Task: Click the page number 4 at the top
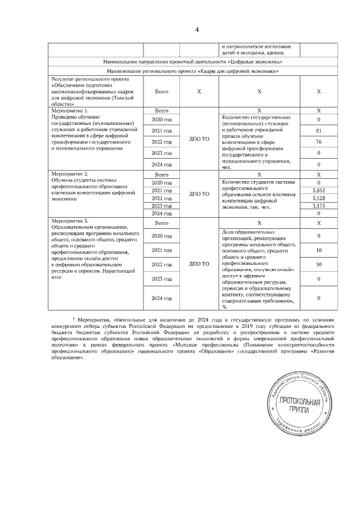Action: coord(180,30)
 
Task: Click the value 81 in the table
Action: coord(318,131)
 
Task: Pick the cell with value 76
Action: coord(318,142)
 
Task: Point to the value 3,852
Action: coord(318,191)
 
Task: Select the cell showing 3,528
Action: coord(318,199)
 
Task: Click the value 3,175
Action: coord(318,206)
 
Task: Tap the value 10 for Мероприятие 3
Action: coord(318,250)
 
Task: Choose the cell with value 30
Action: coord(318,264)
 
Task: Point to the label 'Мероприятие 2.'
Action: coord(70,175)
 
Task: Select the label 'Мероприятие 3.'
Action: coord(70,221)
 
